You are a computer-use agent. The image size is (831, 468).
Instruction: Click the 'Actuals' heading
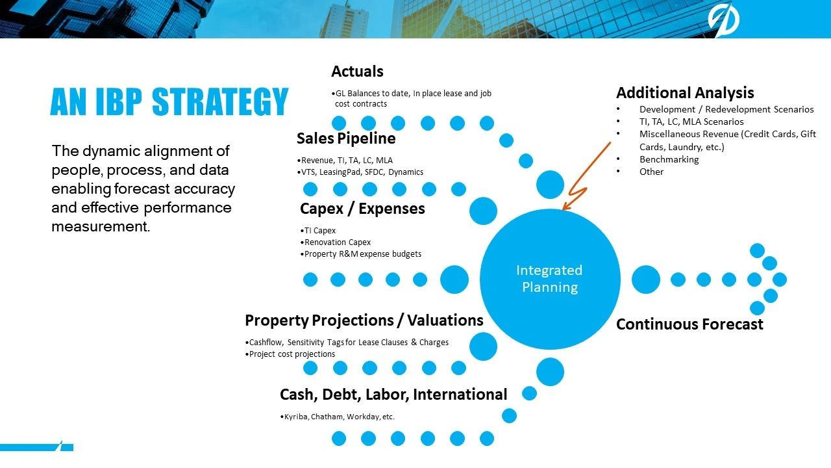(357, 71)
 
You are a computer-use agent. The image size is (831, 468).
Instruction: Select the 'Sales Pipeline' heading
(346, 138)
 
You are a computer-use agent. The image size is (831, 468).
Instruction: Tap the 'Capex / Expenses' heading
(362, 209)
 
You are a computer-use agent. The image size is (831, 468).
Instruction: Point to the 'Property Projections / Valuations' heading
(364, 320)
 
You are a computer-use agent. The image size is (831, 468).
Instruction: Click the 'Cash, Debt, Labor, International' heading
(393, 395)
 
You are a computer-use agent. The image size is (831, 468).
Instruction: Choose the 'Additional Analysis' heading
(685, 93)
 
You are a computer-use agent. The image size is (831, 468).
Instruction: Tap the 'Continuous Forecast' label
(689, 324)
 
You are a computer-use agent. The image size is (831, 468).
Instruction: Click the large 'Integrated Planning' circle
(550, 279)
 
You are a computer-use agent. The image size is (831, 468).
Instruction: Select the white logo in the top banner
(723, 19)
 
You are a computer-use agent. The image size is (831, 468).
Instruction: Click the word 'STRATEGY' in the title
(220, 101)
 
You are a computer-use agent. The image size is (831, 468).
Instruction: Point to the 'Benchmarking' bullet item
(669, 159)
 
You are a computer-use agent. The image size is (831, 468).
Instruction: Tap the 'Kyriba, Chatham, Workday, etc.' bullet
(337, 417)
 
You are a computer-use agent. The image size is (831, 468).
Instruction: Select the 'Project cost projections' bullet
(290, 354)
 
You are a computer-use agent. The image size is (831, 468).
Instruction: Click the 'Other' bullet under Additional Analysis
(651, 172)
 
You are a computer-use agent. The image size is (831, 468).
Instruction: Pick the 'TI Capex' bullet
(318, 231)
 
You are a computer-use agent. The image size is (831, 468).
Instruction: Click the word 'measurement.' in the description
(101, 227)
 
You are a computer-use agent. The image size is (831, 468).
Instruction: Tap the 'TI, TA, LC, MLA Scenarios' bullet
(691, 122)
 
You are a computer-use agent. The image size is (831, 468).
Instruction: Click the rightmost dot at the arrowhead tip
(780, 279)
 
